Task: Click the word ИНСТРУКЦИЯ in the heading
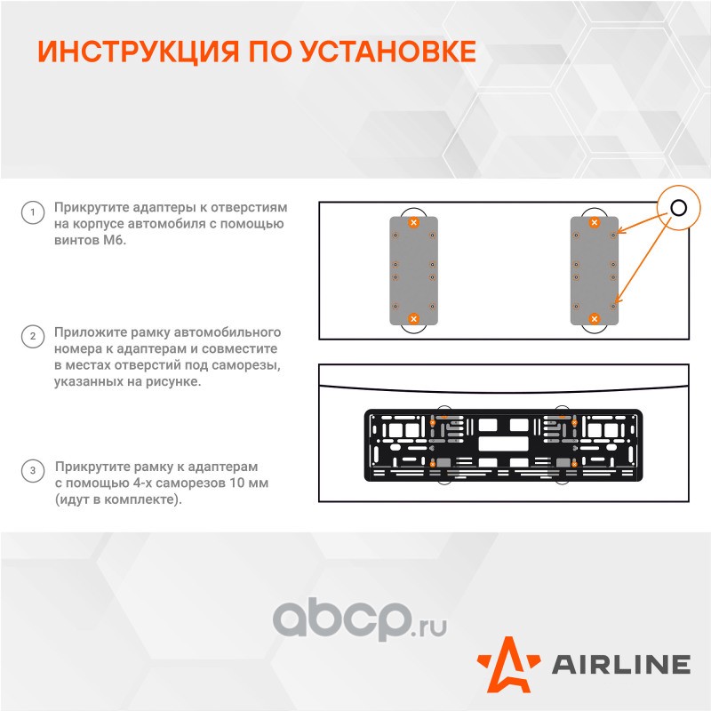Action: tap(139, 52)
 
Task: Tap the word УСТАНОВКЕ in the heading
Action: tap(387, 51)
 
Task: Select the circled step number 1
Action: tap(33, 212)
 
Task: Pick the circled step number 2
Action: tap(33, 337)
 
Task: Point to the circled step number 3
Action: tap(33, 471)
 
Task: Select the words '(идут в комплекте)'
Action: tap(118, 499)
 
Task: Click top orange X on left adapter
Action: tap(413, 222)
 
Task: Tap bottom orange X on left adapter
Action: tap(413, 319)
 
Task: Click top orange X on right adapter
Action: tap(595, 222)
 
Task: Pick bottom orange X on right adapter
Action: tap(595, 319)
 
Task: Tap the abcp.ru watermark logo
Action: tap(360, 619)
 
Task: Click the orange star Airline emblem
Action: tap(509, 665)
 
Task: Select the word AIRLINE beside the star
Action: tap(620, 665)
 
